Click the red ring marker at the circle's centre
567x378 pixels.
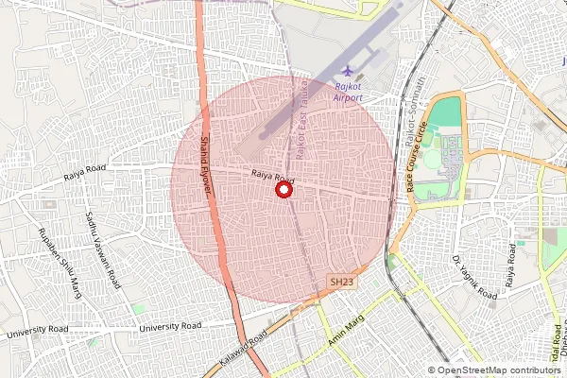pos(283,190)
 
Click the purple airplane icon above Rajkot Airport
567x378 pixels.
pos(350,72)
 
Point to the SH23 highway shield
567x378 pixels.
pos(341,282)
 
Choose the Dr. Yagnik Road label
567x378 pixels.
pos(473,276)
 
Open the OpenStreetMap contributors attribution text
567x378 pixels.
pos(500,370)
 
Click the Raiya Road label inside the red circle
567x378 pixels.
pos(273,177)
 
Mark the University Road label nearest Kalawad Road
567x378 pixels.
pos(170,326)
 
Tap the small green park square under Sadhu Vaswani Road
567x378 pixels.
pos(139,309)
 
